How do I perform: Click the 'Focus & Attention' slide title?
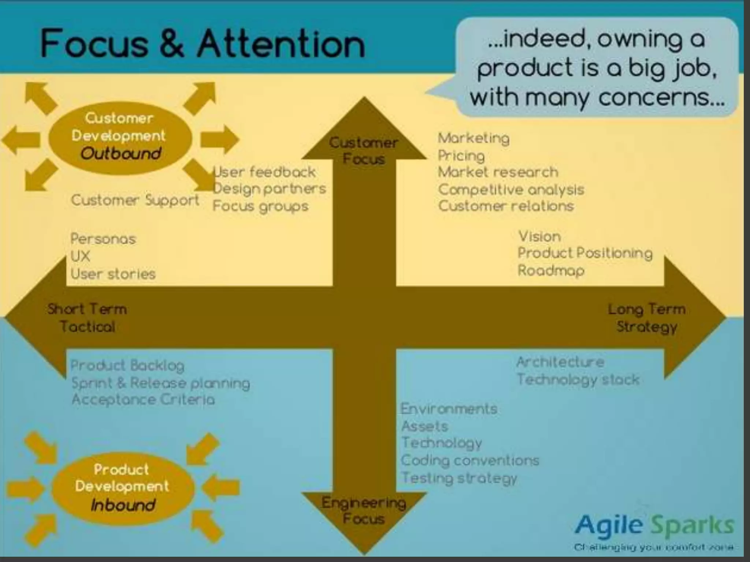tap(203, 44)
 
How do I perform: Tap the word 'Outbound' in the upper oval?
tap(121, 154)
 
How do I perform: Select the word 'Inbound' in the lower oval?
tap(123, 505)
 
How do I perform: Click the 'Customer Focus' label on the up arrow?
tap(364, 151)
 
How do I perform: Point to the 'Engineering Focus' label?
tap(364, 511)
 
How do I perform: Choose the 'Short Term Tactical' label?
tap(87, 318)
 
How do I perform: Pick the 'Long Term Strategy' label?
tap(647, 318)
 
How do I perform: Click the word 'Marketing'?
tap(474, 138)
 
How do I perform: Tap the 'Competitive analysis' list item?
tap(511, 190)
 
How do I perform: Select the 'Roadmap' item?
tap(551, 271)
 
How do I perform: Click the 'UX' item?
tap(80, 256)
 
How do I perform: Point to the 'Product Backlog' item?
tap(127, 365)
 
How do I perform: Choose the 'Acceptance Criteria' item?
tap(143, 400)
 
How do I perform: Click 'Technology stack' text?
tap(578, 380)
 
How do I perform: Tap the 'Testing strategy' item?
tap(459, 478)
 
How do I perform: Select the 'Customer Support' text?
tap(135, 200)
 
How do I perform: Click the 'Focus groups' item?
tap(260, 206)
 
